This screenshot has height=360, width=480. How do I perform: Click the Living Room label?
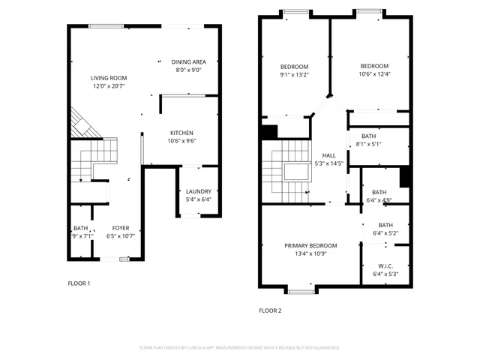tap(109, 77)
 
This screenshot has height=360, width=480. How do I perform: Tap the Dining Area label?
tap(188, 61)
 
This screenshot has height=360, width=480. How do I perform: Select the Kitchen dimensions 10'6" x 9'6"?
tap(181, 140)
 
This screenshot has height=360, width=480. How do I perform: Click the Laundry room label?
tap(199, 191)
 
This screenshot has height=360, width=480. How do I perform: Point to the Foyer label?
tap(121, 228)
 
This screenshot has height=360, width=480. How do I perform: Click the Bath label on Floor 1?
tap(80, 228)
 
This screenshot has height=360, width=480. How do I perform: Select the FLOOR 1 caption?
tap(79, 283)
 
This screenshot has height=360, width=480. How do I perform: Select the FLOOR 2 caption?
tap(270, 310)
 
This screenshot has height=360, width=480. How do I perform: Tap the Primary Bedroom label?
tap(310, 245)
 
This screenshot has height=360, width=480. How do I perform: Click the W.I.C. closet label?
tap(385, 265)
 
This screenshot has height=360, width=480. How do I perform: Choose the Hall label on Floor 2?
tap(328, 155)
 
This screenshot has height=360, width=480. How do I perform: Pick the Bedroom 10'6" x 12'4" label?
tap(373, 66)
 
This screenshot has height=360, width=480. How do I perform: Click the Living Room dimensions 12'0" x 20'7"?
tap(109, 85)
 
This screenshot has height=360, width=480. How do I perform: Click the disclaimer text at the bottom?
tap(240, 347)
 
